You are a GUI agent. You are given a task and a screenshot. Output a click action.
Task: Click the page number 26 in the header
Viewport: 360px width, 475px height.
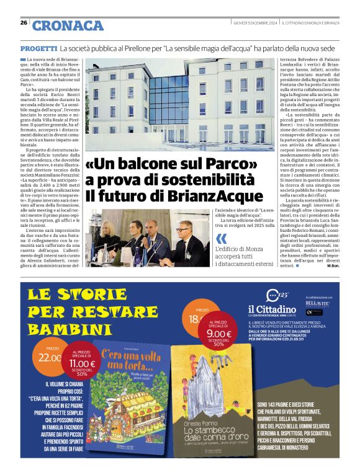click(24, 23)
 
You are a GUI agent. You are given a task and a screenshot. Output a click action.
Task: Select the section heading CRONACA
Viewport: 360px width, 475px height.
click(68, 25)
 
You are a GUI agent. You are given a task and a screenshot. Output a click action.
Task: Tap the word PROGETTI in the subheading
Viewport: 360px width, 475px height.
click(38, 48)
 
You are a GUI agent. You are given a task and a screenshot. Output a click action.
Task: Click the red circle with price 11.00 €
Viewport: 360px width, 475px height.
click(81, 363)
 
